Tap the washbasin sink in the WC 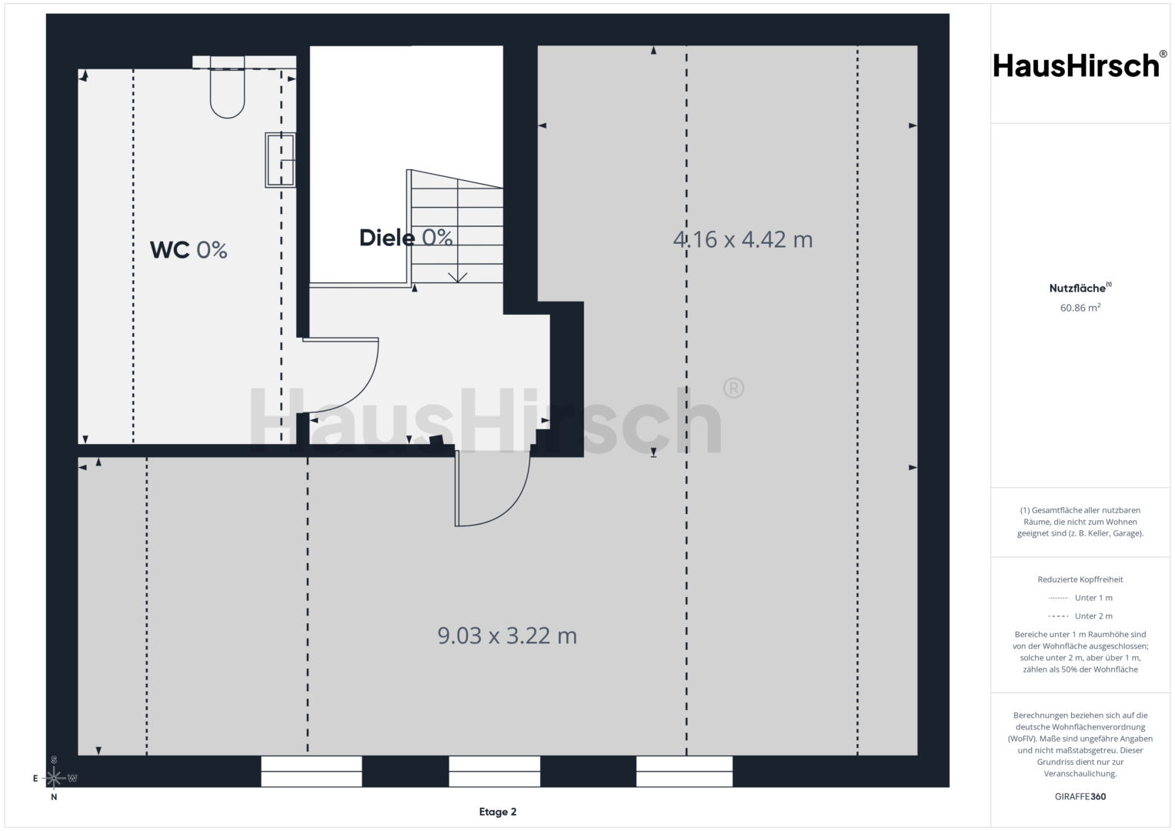point(280,160)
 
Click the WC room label point(189,250)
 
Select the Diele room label point(406,238)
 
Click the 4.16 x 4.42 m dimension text point(743,240)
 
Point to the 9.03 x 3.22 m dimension point(507,636)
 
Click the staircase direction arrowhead point(458,277)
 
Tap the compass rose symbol point(54,777)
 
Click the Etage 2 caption point(498,812)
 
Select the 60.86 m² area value point(1080,308)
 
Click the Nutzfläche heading point(1080,288)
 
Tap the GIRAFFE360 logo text point(1080,796)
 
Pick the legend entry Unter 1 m point(1080,598)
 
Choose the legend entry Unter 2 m point(1080,616)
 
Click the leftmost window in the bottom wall point(312,771)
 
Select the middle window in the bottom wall point(494,771)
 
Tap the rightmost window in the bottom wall point(685,771)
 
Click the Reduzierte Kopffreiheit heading point(1080,579)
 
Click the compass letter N point(54,797)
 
